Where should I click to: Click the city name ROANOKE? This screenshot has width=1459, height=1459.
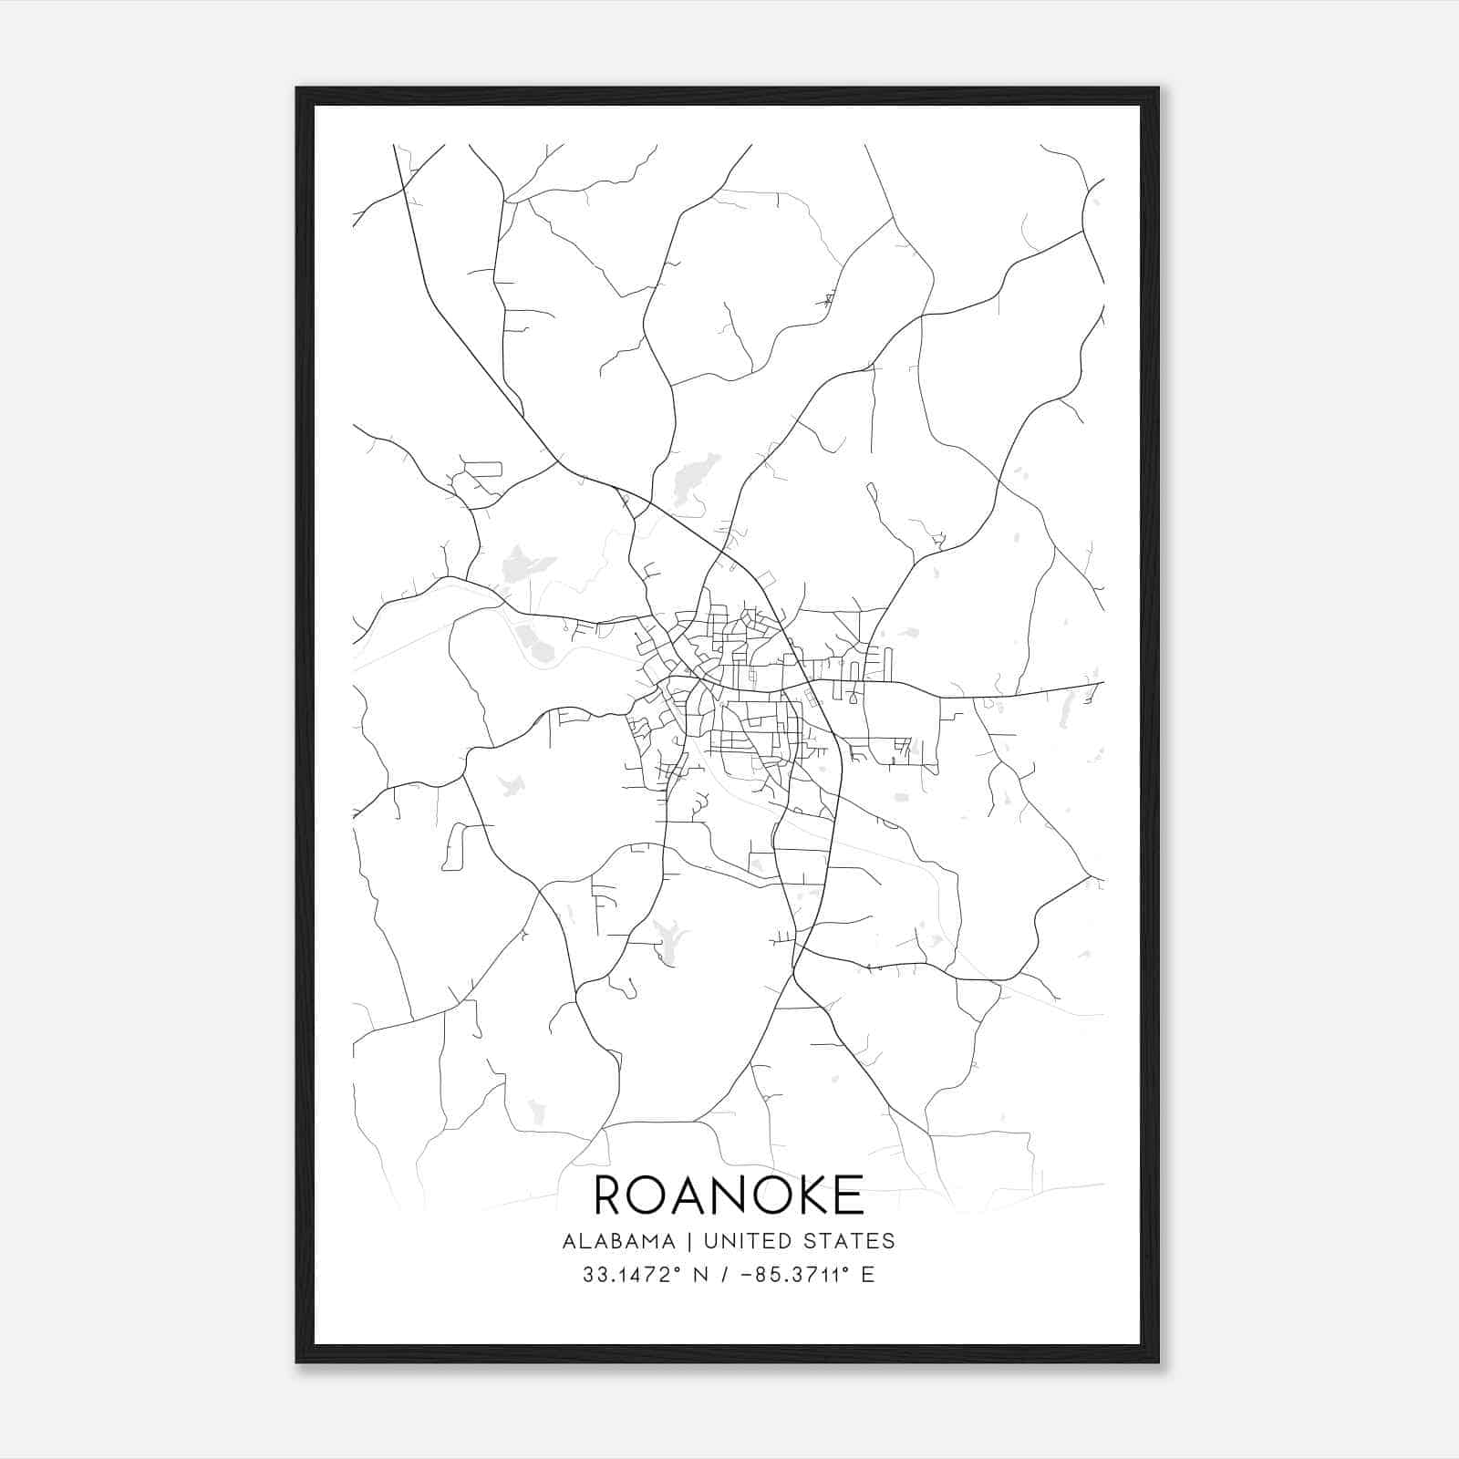[729, 1195]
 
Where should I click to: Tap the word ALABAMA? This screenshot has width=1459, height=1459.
[619, 1241]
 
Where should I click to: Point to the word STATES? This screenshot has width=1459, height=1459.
[851, 1241]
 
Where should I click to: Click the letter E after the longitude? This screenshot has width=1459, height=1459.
[867, 1275]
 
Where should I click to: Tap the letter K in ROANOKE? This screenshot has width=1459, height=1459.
[805, 1195]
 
